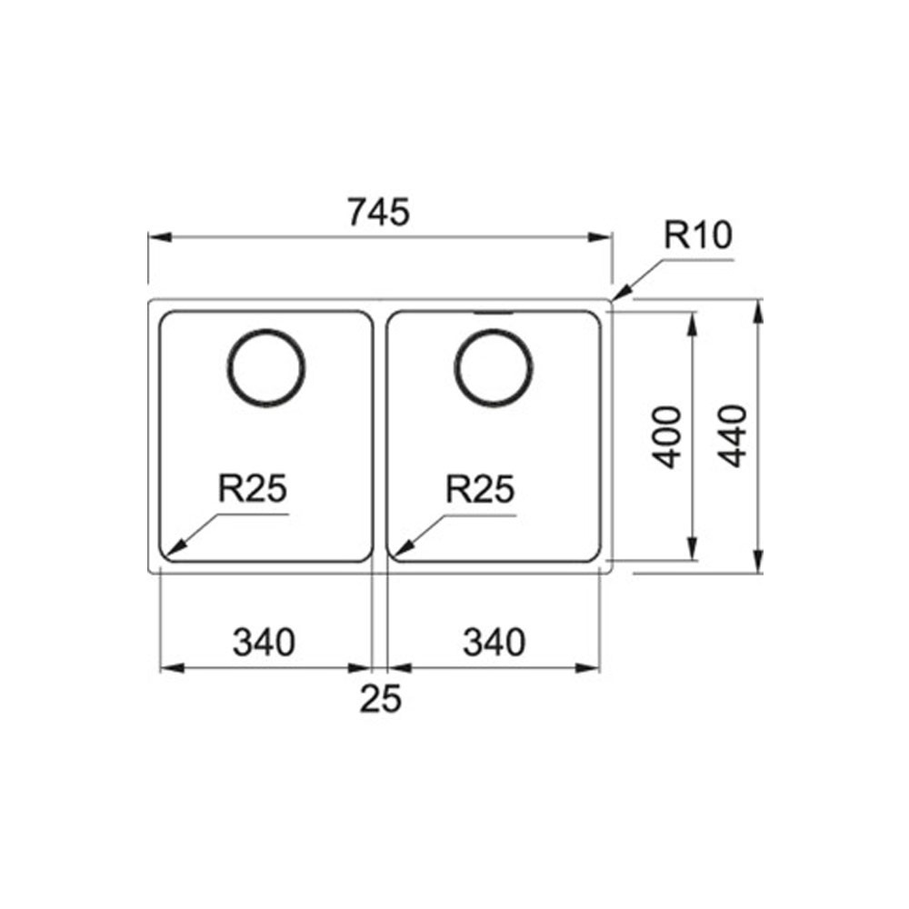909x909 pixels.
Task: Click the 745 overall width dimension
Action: point(378,212)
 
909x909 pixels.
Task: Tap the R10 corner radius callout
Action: point(698,235)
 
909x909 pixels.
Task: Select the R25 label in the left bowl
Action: point(252,488)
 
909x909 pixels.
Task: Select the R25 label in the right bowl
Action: point(479,489)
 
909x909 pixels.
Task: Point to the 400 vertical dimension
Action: point(666,437)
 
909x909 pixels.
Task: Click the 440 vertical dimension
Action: point(732,436)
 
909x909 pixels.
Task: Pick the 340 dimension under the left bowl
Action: point(264,643)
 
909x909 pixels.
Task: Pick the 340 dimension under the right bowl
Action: point(494,643)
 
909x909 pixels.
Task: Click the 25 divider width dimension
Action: point(380,698)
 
